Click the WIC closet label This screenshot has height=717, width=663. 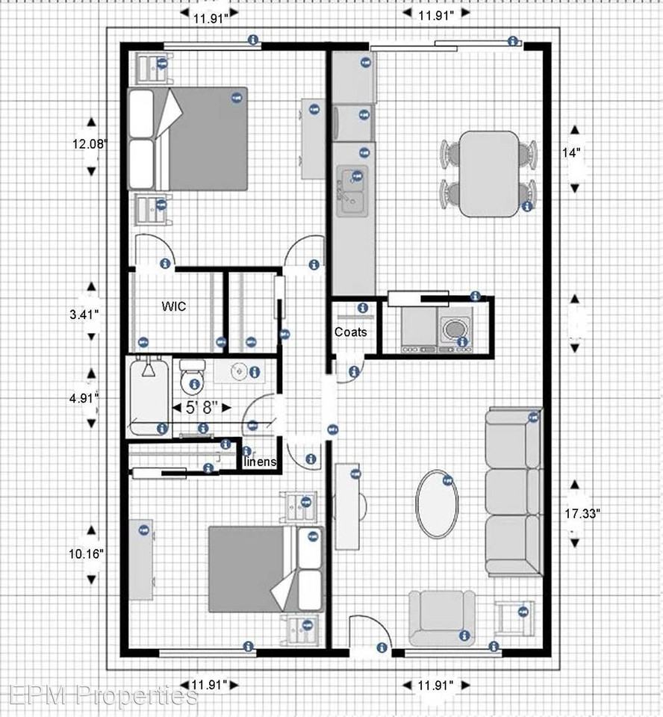tap(173, 306)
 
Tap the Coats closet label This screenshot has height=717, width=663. tap(350, 332)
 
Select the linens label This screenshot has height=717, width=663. tap(261, 462)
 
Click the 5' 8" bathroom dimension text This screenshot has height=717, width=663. tap(201, 408)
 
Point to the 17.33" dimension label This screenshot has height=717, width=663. tap(582, 514)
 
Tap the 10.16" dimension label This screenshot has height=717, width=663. tap(87, 554)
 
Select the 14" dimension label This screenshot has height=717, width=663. tap(571, 152)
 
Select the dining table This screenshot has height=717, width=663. tap(488, 173)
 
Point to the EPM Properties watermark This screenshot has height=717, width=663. tap(99, 695)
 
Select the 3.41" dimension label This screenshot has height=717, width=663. tap(84, 314)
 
